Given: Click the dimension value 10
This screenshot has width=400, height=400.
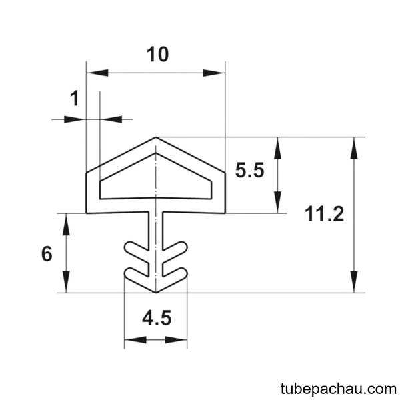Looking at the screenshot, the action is pos(157,55).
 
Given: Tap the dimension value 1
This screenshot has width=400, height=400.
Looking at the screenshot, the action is pos(74,99).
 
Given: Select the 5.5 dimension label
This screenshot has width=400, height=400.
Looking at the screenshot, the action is pos(249,170).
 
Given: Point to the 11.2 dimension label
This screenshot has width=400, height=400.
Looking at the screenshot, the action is pos(324,214).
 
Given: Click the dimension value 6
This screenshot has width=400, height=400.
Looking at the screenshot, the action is pos(47,254).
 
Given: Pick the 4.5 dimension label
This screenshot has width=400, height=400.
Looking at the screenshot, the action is pos(157,318).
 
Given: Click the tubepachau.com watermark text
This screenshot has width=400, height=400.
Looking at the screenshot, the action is pos(338,389).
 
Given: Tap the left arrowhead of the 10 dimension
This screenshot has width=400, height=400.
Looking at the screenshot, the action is pos(97,73).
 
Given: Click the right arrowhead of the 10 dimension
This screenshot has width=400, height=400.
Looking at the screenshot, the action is pos(214,73).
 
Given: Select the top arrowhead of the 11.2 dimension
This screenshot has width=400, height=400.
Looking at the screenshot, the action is pos(354,148).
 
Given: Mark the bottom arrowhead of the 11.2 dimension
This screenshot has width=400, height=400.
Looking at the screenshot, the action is pos(354,281).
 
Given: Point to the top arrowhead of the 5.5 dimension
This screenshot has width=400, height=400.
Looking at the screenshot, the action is pos(278,148).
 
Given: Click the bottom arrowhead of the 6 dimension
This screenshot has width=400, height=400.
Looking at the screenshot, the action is pos(66,281).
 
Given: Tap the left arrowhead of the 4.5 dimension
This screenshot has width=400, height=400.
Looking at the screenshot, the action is pos(135,339).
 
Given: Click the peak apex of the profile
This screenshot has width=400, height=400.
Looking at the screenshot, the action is pos(155,137).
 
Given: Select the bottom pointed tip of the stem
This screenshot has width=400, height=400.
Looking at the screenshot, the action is pos(155,293).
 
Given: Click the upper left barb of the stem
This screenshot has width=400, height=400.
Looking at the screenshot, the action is pos(136,247).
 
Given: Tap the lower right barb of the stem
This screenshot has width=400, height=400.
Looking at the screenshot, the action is pos(175,275).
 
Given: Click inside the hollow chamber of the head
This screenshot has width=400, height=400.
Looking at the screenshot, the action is pos(155,183).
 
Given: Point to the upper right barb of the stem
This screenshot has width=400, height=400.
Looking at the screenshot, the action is pos(175,247).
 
